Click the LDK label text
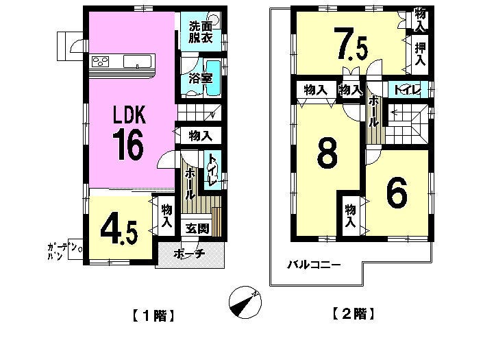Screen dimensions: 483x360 (129, 115)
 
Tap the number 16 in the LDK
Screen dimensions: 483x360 (128, 145)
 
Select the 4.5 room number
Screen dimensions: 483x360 (119, 232)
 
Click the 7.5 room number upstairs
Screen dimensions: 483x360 (352, 44)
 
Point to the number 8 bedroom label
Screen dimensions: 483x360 (327, 155)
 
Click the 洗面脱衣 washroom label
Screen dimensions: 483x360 (201, 32)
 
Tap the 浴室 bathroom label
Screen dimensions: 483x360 (201, 78)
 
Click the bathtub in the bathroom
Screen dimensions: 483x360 (213, 77)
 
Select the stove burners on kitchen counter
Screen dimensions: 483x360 (101, 61)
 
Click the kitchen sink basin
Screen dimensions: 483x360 (138, 61)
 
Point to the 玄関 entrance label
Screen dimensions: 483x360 (197, 229)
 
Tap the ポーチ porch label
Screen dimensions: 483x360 (190, 254)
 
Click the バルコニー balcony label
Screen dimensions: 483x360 (314, 265)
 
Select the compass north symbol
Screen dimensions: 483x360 (245, 302)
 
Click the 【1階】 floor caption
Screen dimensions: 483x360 (153, 315)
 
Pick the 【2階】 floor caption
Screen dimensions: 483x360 (354, 314)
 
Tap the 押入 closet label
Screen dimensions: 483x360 (420, 54)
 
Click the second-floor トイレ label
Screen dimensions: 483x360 (408, 90)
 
